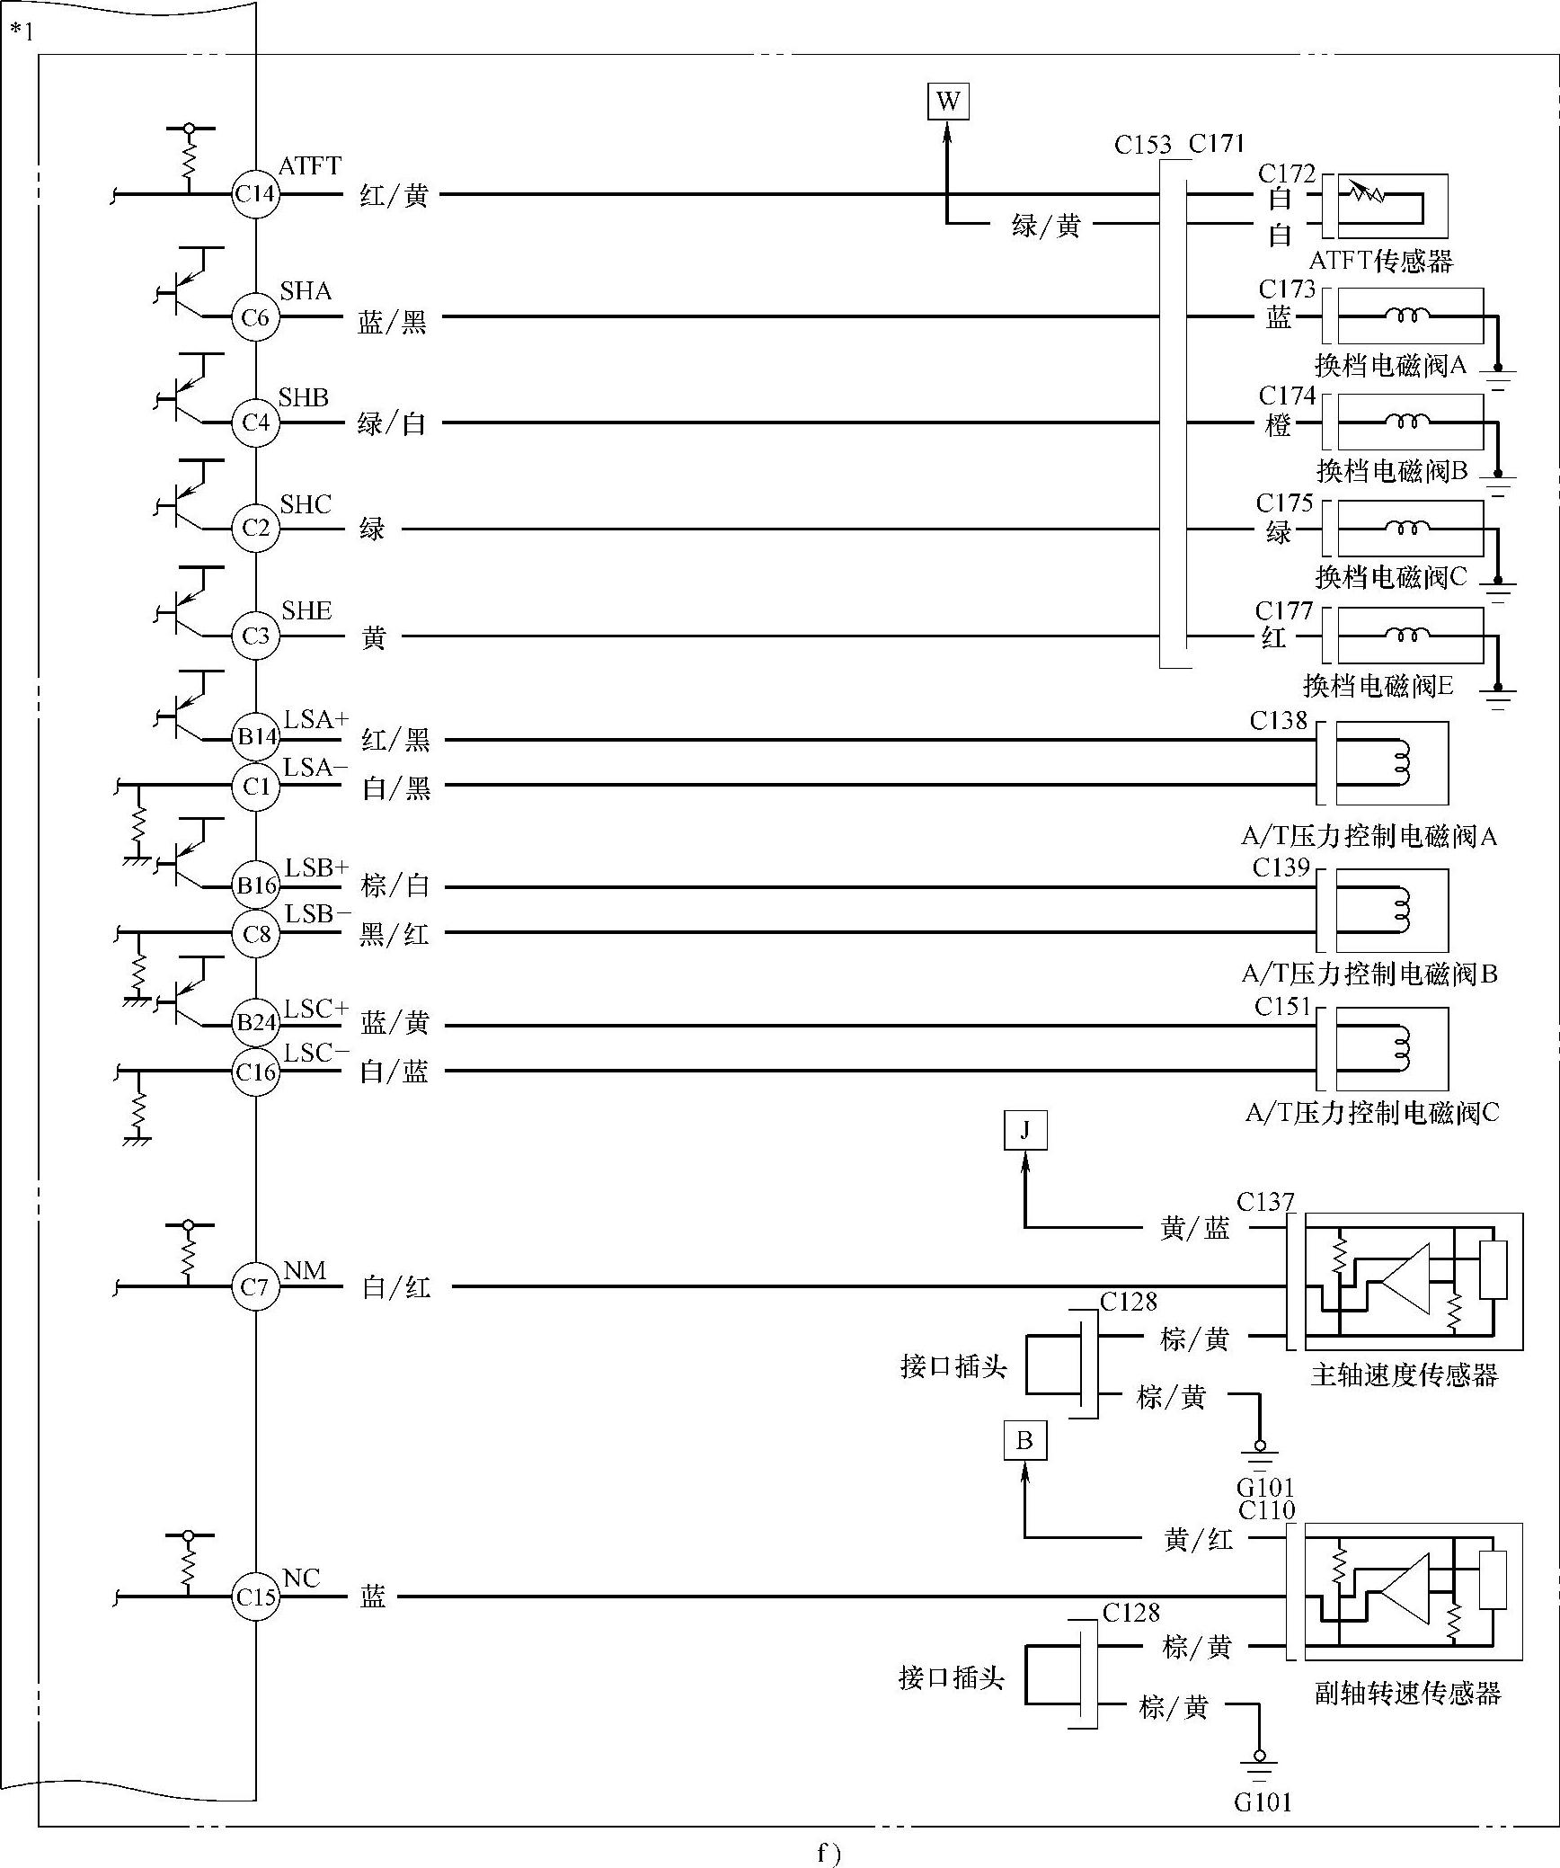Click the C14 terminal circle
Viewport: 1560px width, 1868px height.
click(255, 194)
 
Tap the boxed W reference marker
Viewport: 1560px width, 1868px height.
click(948, 101)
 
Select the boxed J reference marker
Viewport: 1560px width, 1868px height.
click(1025, 1131)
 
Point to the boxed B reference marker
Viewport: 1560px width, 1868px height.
click(1024, 1441)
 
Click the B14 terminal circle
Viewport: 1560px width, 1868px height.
click(255, 737)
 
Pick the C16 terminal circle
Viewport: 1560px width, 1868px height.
click(255, 1072)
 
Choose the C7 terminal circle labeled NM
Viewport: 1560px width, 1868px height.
click(255, 1287)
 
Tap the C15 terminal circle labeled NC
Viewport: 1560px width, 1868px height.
click(255, 1597)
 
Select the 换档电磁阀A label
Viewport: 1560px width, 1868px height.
click(1390, 365)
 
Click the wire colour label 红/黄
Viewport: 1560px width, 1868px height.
click(394, 195)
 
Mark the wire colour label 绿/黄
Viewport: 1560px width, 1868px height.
click(1045, 226)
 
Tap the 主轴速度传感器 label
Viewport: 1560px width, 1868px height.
click(1405, 1374)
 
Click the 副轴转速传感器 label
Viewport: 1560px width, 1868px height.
click(1407, 1694)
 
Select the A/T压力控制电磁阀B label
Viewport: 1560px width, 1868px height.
click(1369, 974)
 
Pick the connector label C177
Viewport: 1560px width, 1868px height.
click(1284, 611)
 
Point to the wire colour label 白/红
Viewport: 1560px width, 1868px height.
click(396, 1288)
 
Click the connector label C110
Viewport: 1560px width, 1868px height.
click(1266, 1510)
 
